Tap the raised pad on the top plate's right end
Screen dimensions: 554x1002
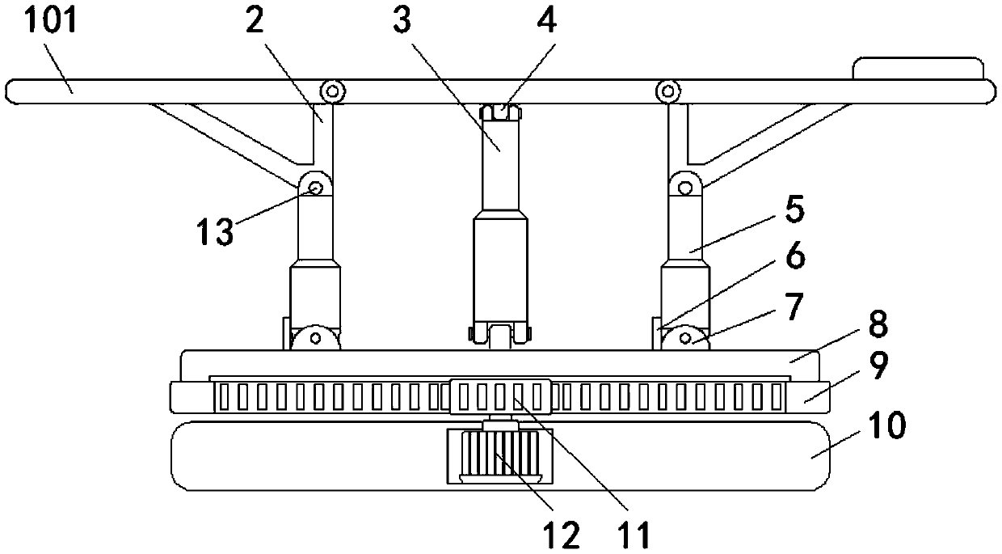click(x=918, y=68)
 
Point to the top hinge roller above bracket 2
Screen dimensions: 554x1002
click(x=330, y=91)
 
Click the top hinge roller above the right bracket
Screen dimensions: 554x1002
click(x=667, y=91)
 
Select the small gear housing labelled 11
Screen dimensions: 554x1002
click(x=500, y=396)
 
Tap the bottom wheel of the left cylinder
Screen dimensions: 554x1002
click(x=315, y=337)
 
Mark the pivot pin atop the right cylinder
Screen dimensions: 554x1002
click(x=684, y=188)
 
